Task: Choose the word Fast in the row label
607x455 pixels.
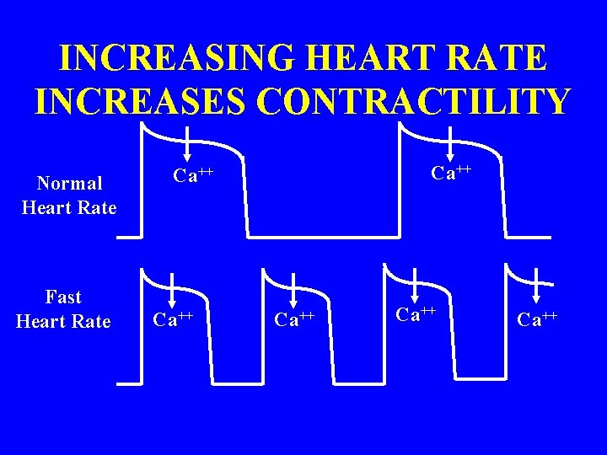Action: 63,297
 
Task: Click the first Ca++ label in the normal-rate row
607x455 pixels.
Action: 193,176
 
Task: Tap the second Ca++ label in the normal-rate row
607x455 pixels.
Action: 452,173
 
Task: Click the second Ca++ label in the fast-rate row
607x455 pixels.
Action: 294,318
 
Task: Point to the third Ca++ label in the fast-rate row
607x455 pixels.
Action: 415,314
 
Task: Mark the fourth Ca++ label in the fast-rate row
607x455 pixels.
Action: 537,319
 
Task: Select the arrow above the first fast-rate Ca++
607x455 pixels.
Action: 172,290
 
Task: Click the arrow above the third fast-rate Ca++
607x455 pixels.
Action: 415,287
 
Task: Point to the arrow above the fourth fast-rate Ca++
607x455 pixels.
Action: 537,288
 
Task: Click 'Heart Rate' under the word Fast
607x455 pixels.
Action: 63,322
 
